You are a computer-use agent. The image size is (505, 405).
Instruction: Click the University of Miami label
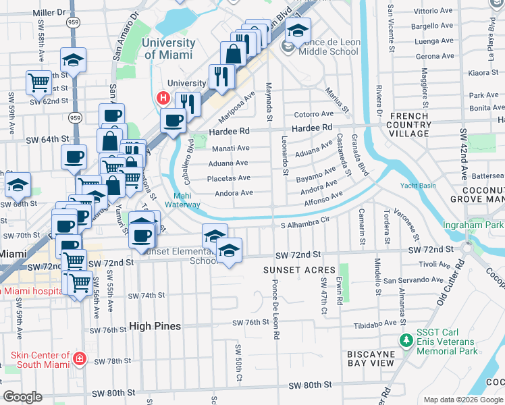[169, 49]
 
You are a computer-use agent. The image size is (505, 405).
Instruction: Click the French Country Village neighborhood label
[409, 125]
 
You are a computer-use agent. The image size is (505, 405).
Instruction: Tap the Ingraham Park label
[473, 225]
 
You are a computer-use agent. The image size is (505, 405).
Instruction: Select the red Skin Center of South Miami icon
[80, 358]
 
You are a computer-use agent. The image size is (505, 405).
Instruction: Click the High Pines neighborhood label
[155, 327]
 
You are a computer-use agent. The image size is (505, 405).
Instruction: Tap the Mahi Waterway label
[182, 200]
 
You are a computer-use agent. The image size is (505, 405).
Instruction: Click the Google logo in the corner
[23, 397]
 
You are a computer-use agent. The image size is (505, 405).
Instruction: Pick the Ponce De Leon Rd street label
[275, 307]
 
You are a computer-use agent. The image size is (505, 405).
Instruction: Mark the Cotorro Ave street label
[313, 114]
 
